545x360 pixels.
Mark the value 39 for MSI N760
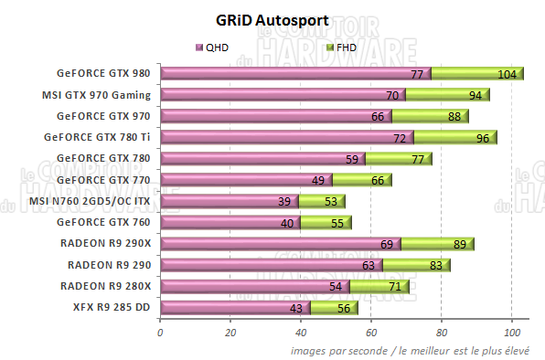[284, 201]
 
